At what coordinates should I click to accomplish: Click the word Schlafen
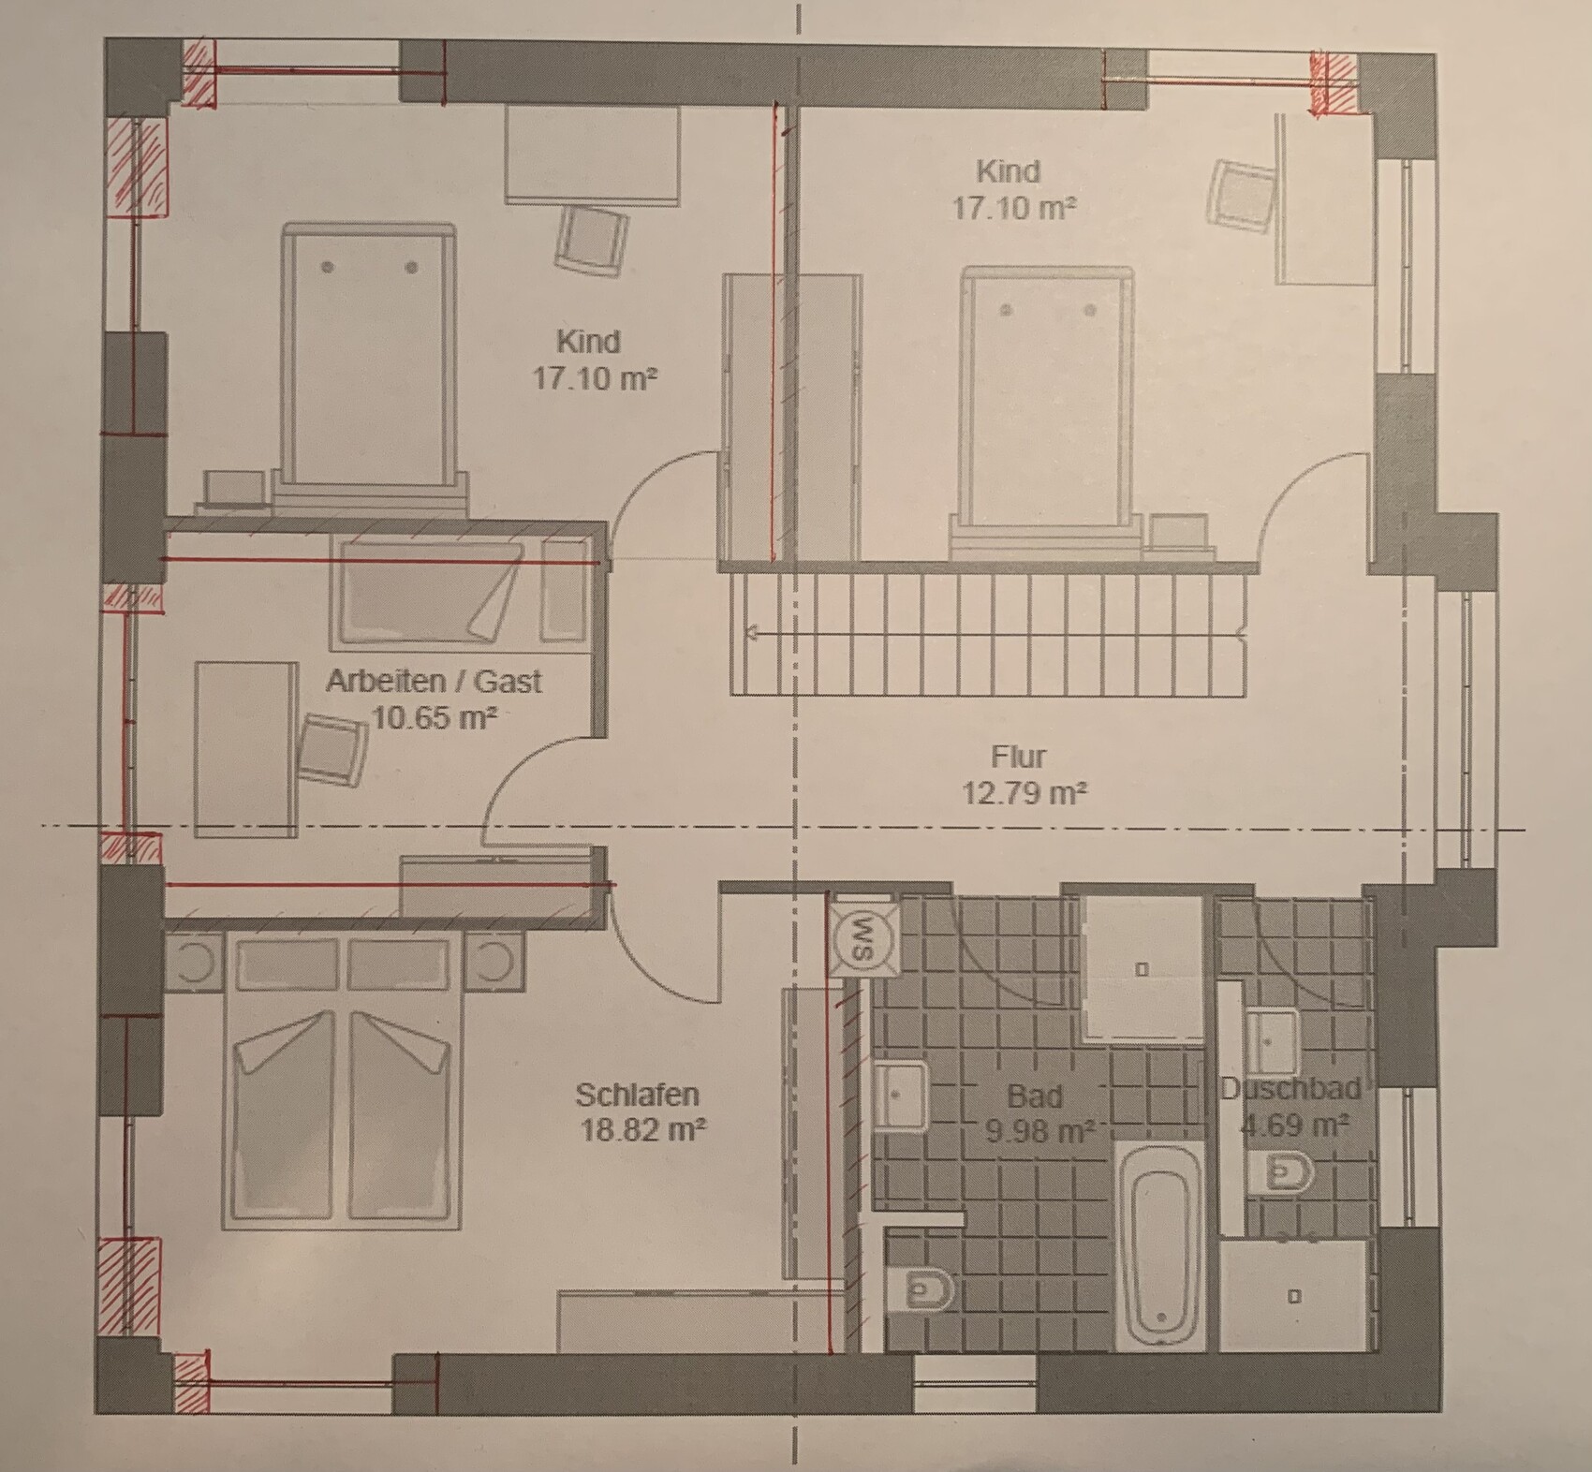pos(637,1094)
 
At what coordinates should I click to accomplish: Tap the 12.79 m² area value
pos(1024,792)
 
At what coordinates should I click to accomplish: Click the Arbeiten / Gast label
pos(434,681)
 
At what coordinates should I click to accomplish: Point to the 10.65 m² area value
pos(434,718)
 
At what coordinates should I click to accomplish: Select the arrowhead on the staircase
pos(751,634)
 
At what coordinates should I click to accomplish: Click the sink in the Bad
pos(900,1095)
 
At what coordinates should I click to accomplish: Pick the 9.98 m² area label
pos(1040,1131)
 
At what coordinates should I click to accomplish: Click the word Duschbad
pos(1290,1088)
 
